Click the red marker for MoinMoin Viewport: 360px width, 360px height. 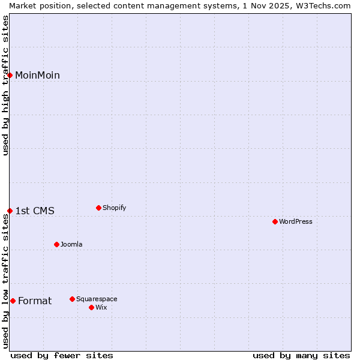pos(10,75)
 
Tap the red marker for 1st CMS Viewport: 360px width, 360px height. pos(10,211)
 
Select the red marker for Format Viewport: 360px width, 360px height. pos(13,301)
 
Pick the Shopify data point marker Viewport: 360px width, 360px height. pos(98,208)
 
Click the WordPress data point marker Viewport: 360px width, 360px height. pos(275,221)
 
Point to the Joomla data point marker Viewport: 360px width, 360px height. pos(56,244)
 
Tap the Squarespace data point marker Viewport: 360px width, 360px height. pos(72,299)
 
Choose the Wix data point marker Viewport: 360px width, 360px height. pos(91,307)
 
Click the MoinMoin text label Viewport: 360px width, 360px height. pos(37,75)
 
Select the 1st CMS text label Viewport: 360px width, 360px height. pos(35,211)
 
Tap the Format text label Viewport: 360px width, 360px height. pos(35,301)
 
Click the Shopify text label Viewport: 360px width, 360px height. pos(114,208)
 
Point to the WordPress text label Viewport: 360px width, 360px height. pos(295,221)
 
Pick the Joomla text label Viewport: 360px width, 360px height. pos(71,244)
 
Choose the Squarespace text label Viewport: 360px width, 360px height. pos(97,299)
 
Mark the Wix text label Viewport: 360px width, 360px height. pos(101,307)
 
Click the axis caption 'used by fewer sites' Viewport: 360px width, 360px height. pos(62,355)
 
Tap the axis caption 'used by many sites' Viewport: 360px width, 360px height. pos(301,355)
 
